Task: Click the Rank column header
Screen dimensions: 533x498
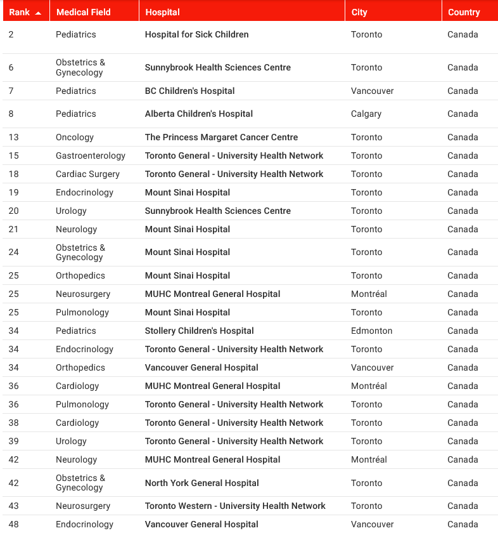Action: point(19,12)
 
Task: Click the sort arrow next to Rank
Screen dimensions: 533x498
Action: point(38,13)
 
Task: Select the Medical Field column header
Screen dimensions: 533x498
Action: point(83,12)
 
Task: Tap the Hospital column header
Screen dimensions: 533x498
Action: point(162,12)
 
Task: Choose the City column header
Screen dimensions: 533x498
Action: point(359,12)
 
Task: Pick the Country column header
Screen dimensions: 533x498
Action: point(464,12)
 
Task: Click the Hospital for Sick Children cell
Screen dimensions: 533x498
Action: point(196,34)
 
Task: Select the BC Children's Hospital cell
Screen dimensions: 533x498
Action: point(189,91)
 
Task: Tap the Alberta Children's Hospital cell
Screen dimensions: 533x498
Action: point(198,114)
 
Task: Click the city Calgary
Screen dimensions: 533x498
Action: point(366,114)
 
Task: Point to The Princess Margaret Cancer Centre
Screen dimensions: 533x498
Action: point(221,137)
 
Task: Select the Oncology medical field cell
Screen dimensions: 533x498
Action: point(75,137)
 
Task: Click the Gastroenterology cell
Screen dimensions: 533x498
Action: point(91,155)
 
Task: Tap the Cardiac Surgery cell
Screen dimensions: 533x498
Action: point(87,174)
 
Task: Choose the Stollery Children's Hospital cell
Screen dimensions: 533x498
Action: point(199,331)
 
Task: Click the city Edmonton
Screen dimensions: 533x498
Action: point(371,331)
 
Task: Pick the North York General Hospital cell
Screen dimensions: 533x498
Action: point(201,483)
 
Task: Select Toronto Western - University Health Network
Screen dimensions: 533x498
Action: point(235,506)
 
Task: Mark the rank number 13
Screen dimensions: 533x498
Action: point(14,137)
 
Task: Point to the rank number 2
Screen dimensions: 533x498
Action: point(11,34)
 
